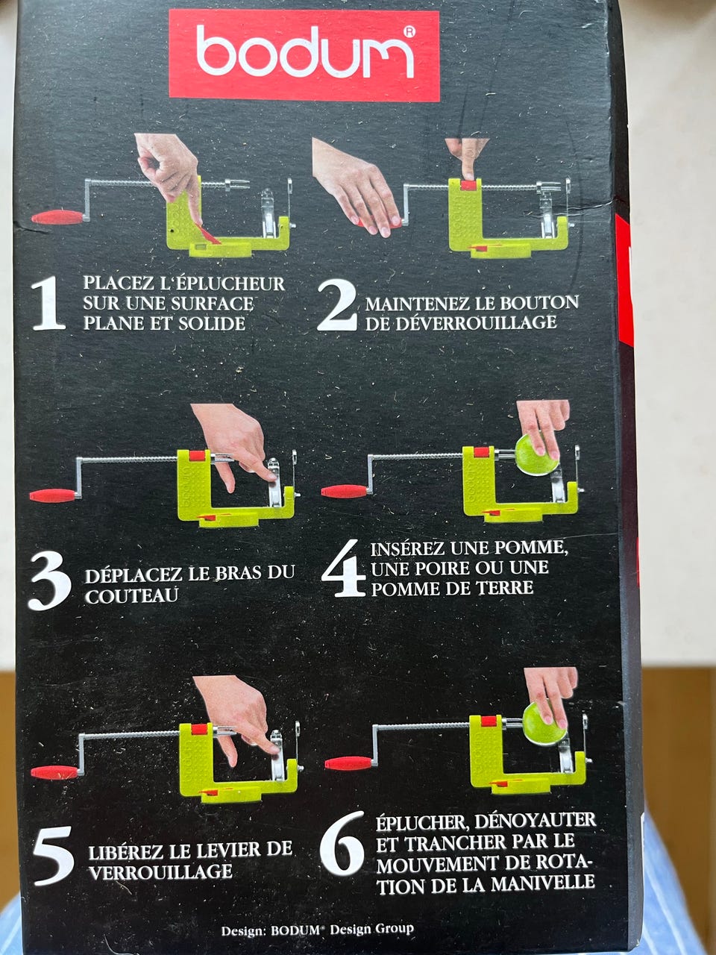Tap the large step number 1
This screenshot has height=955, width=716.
tap(48, 303)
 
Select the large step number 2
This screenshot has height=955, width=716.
tap(338, 305)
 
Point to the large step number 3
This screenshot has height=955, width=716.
tap(49, 580)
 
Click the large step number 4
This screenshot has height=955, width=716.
tap(343, 569)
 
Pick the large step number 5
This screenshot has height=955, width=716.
tap(53, 855)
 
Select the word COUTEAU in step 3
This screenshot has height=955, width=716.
tap(132, 595)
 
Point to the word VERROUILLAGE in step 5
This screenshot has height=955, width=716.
tap(160, 871)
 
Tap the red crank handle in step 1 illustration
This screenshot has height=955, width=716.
tap(57, 217)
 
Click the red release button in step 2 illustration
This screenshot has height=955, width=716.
tap(468, 185)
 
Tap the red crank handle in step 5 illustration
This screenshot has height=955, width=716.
tap(54, 772)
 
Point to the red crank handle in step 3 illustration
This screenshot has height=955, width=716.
tap(53, 495)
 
